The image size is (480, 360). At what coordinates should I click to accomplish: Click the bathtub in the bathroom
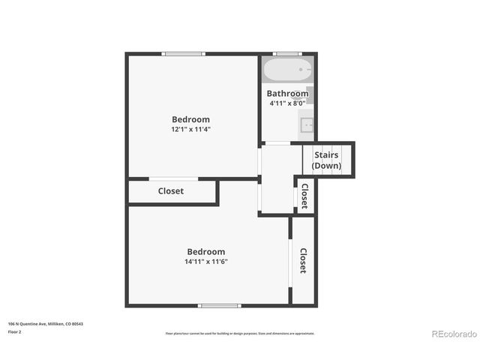286,70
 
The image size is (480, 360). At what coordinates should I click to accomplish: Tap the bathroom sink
306,126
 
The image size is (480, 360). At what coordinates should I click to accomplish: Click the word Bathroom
287,94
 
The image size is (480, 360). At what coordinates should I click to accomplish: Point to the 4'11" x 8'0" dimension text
287,103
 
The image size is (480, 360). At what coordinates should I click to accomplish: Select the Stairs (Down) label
326,160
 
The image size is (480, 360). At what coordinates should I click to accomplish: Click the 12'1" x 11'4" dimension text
190,129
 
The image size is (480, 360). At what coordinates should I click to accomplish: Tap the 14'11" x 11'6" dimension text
205,262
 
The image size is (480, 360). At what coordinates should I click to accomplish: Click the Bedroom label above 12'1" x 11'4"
190,119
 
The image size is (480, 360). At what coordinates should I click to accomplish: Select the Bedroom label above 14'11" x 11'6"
205,252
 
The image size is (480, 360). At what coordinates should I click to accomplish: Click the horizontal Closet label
171,191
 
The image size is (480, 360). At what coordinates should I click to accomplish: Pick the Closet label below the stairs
304,196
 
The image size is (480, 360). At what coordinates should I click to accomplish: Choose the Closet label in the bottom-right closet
303,260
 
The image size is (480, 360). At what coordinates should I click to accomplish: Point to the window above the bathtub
286,53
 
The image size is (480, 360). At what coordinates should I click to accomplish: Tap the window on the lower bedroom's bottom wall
219,305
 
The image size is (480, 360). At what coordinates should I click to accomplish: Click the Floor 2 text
14,331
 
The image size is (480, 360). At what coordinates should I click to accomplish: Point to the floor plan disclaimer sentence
240,333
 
